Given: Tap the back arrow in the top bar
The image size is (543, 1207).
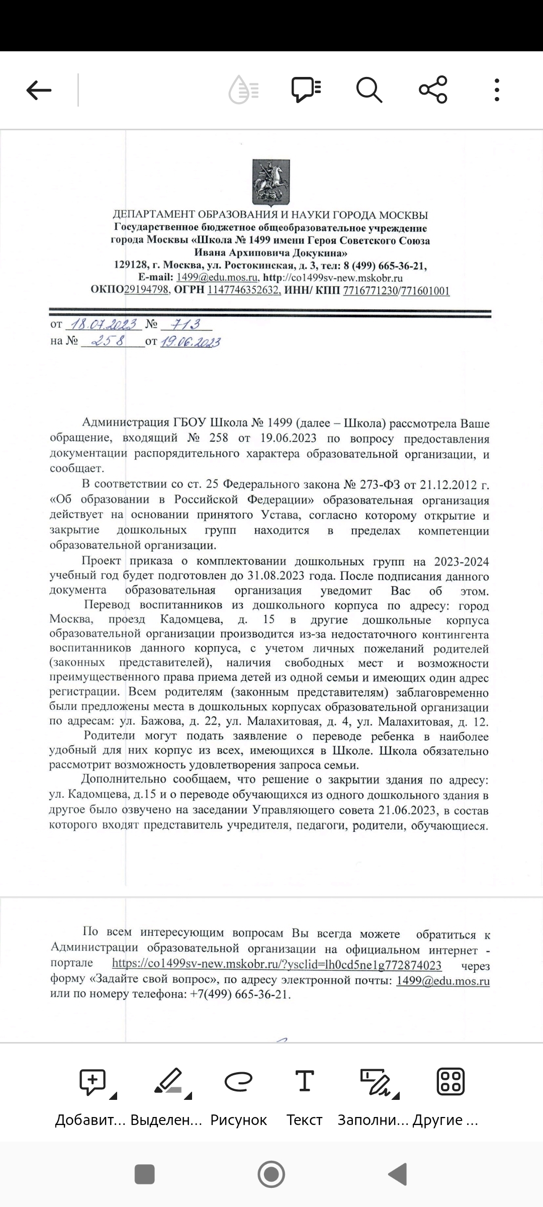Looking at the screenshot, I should point(39,91).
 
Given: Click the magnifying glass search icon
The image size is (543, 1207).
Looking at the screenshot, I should point(369,91).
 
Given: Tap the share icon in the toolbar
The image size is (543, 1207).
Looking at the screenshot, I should point(433,90).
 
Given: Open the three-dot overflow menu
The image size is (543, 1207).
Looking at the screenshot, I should point(497,91).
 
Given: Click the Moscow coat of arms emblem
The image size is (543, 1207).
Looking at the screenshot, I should point(271,183).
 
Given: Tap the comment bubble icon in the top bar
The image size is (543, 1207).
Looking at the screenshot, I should point(306,91).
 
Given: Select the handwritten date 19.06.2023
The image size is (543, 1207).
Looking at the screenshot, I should point(191,342).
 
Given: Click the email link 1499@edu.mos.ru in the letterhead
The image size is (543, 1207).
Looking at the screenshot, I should point(217,278).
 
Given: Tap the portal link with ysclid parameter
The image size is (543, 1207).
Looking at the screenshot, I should point(277,965).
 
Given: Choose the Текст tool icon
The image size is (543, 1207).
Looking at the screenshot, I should point(304,1081).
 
